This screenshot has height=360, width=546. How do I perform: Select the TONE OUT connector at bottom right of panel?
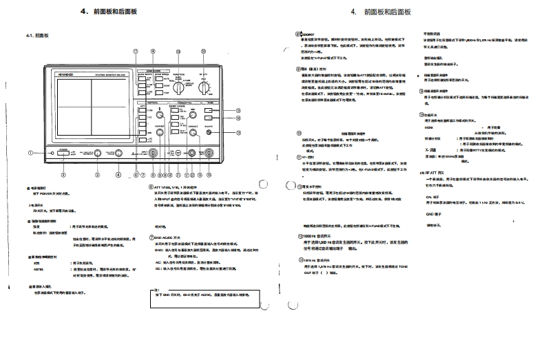pos(209,154)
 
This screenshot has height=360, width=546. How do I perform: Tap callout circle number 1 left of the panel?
pos(30,153)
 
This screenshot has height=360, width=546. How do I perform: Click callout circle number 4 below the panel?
pos(118,176)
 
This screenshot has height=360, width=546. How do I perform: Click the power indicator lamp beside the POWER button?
pos(53,153)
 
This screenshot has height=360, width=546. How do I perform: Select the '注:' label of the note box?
pos(157,290)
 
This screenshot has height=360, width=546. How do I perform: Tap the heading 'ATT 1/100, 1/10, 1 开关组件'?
pos(178,186)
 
